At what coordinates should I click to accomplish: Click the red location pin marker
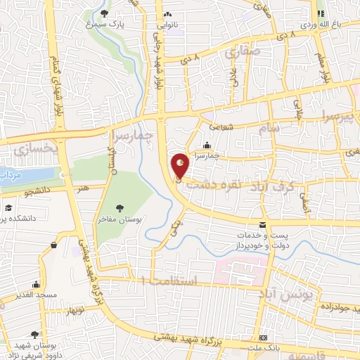pyautogui.click(x=181, y=166)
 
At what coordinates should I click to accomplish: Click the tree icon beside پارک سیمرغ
pyautogui.click(x=105, y=13)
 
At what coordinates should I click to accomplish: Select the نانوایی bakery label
pyautogui.click(x=167, y=24)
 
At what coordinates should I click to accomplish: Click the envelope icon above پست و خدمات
pyautogui.click(x=263, y=225)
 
